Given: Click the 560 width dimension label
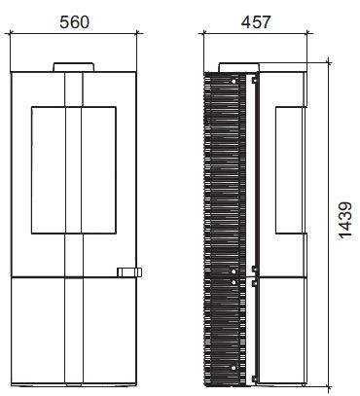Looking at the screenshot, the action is [74, 22].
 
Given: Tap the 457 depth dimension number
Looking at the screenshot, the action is [255, 22].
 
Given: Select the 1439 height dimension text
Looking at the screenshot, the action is [345, 221].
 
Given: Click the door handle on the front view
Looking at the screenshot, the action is [129, 272].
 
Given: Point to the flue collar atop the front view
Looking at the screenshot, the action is [74, 67].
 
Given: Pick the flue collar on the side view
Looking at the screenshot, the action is [239, 67].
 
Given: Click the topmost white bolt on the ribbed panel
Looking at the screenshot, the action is [234, 82].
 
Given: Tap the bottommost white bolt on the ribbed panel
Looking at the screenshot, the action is [234, 368].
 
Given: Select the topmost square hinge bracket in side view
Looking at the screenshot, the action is [254, 80].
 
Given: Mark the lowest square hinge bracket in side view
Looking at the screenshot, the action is [254, 378].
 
